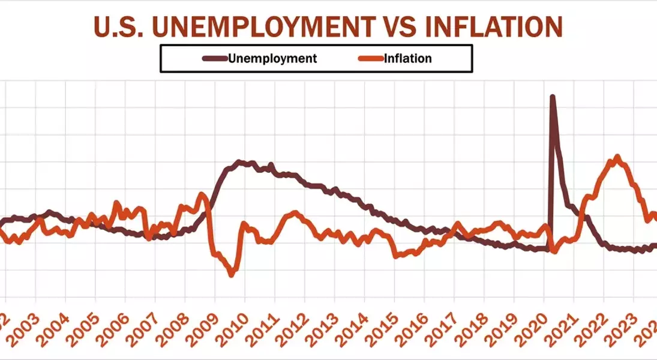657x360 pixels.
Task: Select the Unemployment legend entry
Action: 272,58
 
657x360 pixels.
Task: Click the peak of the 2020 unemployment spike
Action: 553,97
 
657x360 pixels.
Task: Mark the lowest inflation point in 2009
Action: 232,274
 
